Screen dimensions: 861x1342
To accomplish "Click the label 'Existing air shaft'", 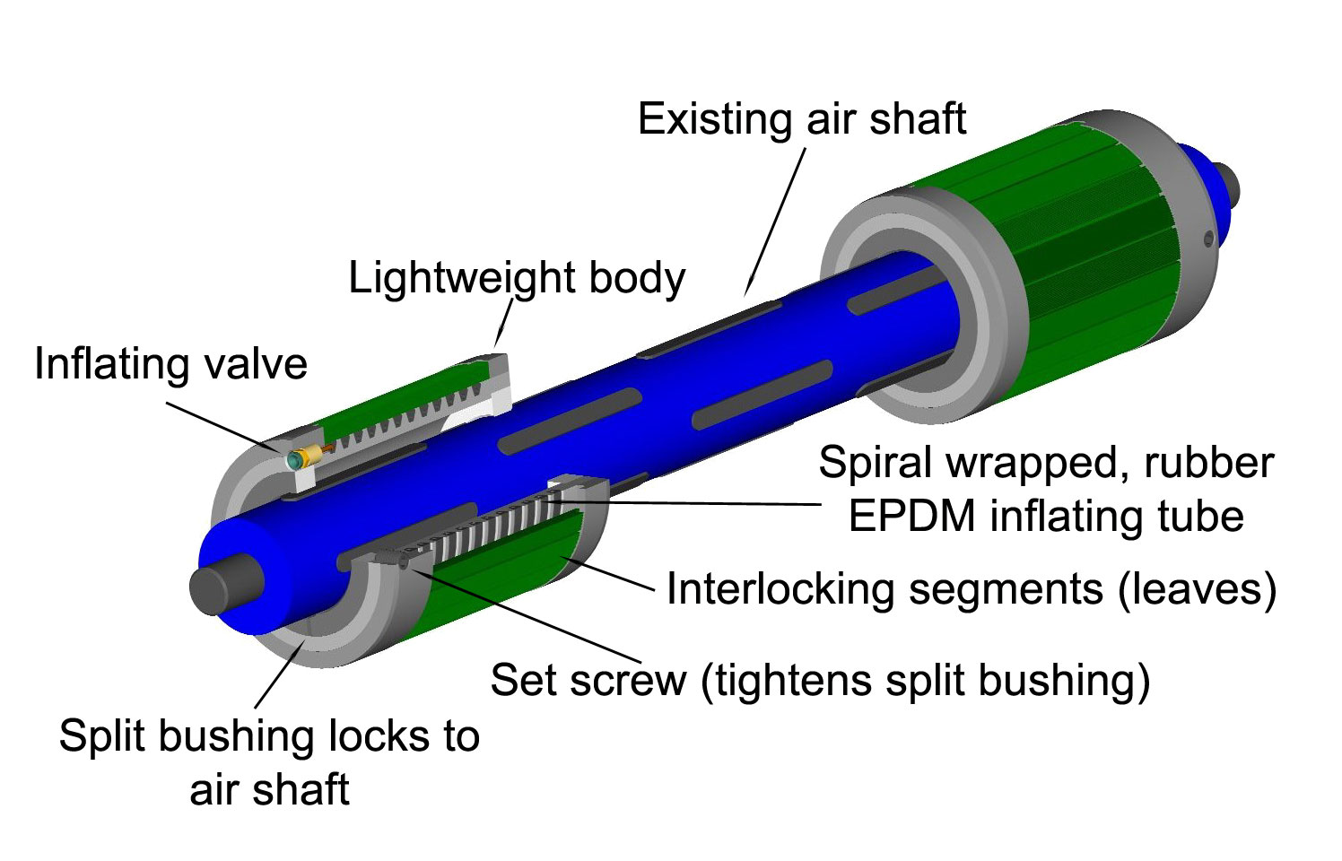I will coord(802,119).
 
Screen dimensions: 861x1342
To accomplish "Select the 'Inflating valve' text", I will coord(170,364).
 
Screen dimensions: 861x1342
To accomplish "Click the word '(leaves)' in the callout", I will coord(1197,589).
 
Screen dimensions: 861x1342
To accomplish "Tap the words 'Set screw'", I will coord(588,680).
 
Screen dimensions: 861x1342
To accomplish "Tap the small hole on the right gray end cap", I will coord(1208,238).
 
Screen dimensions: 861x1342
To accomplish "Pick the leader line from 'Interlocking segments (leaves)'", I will coord(610,574).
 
